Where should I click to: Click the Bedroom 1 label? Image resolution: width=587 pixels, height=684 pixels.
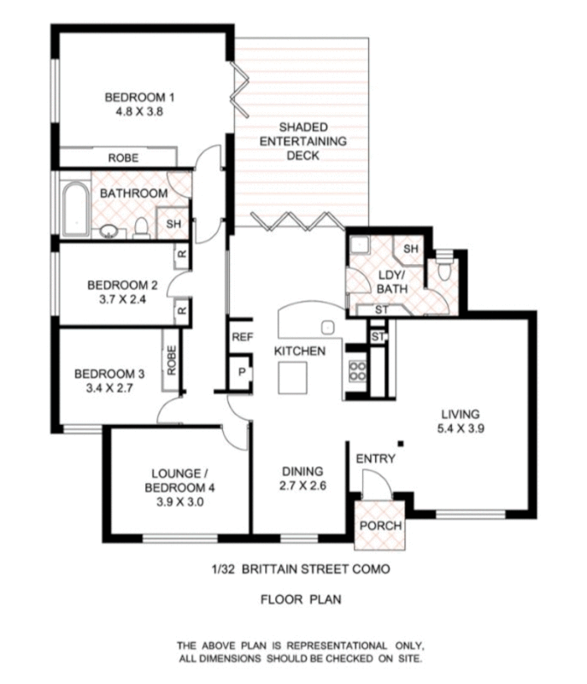(x=139, y=97)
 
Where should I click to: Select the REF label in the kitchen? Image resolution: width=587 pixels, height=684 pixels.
(x=242, y=338)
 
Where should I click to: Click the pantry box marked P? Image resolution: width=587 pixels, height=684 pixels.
(x=242, y=372)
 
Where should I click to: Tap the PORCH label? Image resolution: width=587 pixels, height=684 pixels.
(x=379, y=525)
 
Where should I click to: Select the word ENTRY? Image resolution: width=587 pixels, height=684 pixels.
(x=376, y=459)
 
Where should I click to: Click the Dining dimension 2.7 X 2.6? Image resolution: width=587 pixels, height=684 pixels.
(x=302, y=486)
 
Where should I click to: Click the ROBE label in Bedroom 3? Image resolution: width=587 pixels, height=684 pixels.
(x=172, y=361)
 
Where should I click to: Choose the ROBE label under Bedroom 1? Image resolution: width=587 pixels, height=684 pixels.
(x=124, y=158)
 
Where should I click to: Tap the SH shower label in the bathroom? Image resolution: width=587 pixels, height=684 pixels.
(x=173, y=224)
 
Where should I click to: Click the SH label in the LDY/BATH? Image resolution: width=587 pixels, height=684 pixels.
(x=410, y=248)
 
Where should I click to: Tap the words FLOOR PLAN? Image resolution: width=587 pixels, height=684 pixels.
(x=301, y=599)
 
